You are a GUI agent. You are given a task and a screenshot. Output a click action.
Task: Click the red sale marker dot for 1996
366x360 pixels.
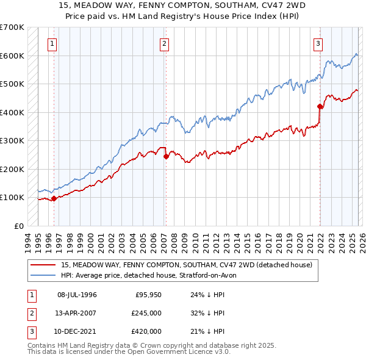tap(54, 198)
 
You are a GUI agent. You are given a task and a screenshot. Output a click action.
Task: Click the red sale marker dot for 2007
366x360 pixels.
tap(166, 156)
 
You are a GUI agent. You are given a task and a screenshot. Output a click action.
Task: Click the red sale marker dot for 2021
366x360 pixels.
tap(319, 106)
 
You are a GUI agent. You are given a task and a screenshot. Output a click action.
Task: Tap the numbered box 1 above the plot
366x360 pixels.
tap(53, 43)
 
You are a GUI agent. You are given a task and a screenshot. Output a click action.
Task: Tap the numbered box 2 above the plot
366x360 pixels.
tap(165, 43)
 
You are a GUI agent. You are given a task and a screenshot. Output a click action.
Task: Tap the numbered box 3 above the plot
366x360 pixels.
tap(318, 43)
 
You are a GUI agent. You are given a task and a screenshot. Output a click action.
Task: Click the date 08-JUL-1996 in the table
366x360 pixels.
tap(77, 295)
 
